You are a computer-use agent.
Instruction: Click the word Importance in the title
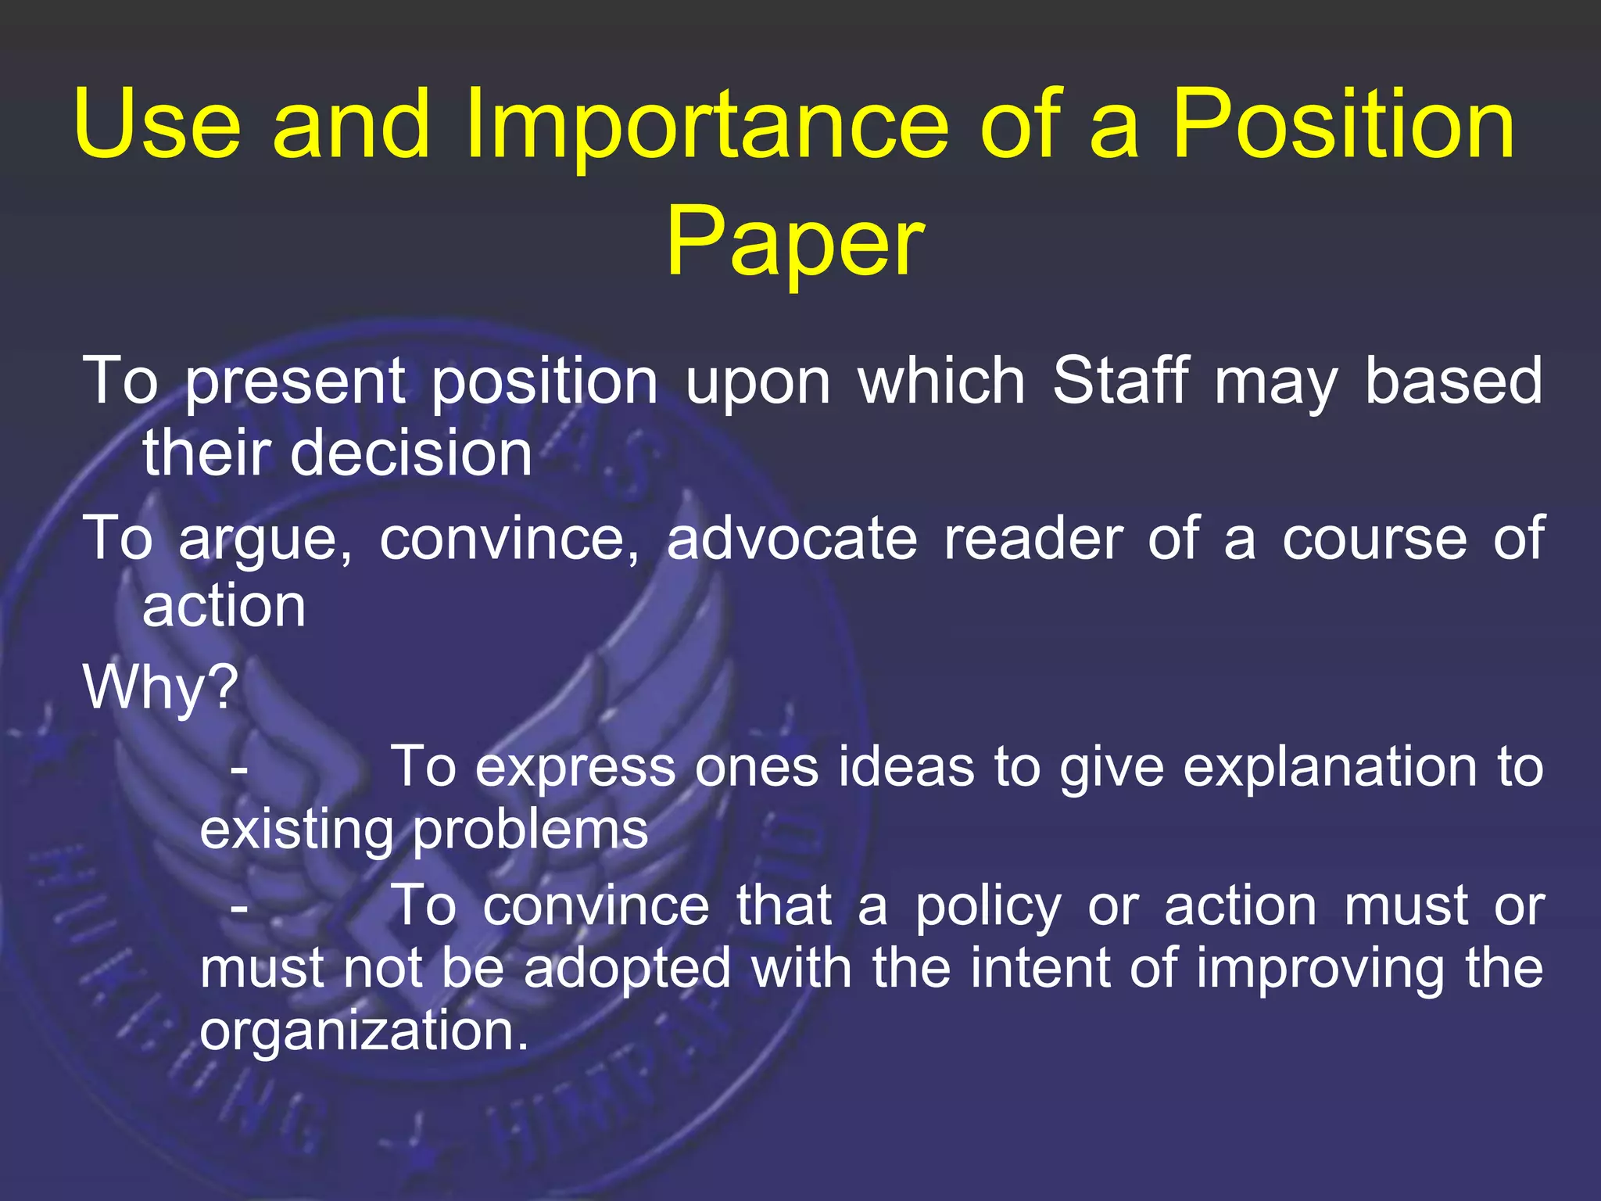click(707, 125)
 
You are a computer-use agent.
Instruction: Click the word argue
click(265, 540)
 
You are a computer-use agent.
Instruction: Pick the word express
click(575, 768)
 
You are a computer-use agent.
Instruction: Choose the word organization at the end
click(364, 1031)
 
